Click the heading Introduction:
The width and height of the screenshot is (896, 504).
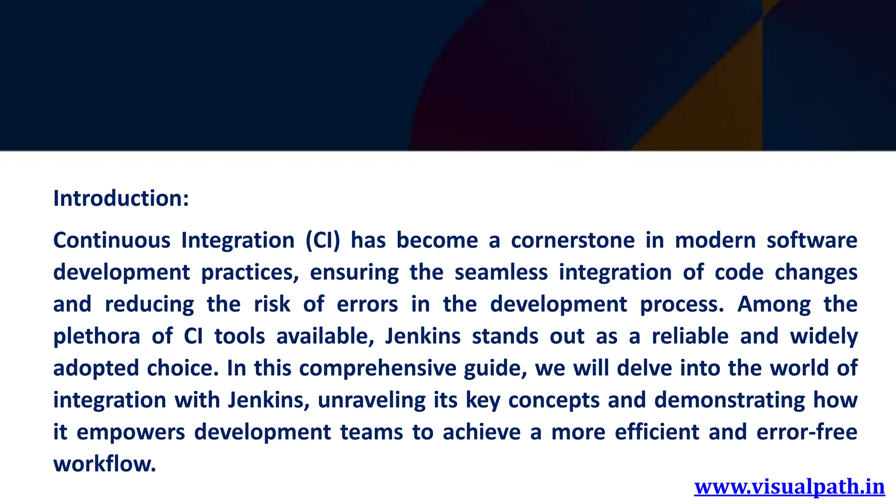(121, 198)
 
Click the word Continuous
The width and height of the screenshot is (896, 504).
(112, 240)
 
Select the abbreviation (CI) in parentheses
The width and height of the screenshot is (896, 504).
(322, 240)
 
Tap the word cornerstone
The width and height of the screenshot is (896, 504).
(573, 240)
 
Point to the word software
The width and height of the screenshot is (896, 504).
(812, 240)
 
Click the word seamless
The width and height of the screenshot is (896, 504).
(501, 272)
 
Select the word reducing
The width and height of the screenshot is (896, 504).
(150, 304)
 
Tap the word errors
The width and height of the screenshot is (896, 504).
(367, 304)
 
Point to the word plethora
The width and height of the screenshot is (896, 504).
(97, 336)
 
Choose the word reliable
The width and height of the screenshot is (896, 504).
(690, 336)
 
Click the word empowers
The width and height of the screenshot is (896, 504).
(131, 432)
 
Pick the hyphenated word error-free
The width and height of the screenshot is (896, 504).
(806, 432)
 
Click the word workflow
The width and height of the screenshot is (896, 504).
(105, 464)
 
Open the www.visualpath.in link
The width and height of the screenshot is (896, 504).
(789, 487)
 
